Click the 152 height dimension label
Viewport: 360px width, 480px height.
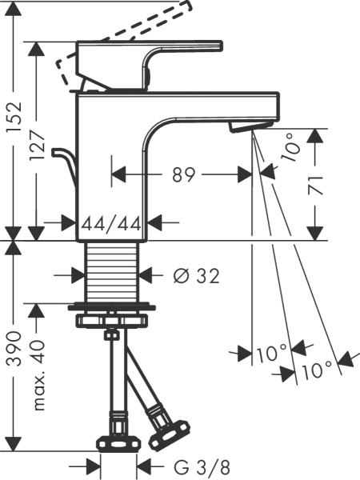tap(14, 116)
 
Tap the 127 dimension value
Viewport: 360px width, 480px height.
tap(38, 145)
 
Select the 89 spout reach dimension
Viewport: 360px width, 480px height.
tap(183, 174)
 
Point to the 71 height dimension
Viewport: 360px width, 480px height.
tap(315, 186)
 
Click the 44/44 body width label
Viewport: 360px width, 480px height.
tap(111, 223)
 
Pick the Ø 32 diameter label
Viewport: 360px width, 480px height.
tap(197, 276)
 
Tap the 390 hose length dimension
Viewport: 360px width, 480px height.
tap(14, 348)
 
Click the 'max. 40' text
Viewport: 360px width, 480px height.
tap(38, 374)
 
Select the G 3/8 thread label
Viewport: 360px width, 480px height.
tap(202, 467)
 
